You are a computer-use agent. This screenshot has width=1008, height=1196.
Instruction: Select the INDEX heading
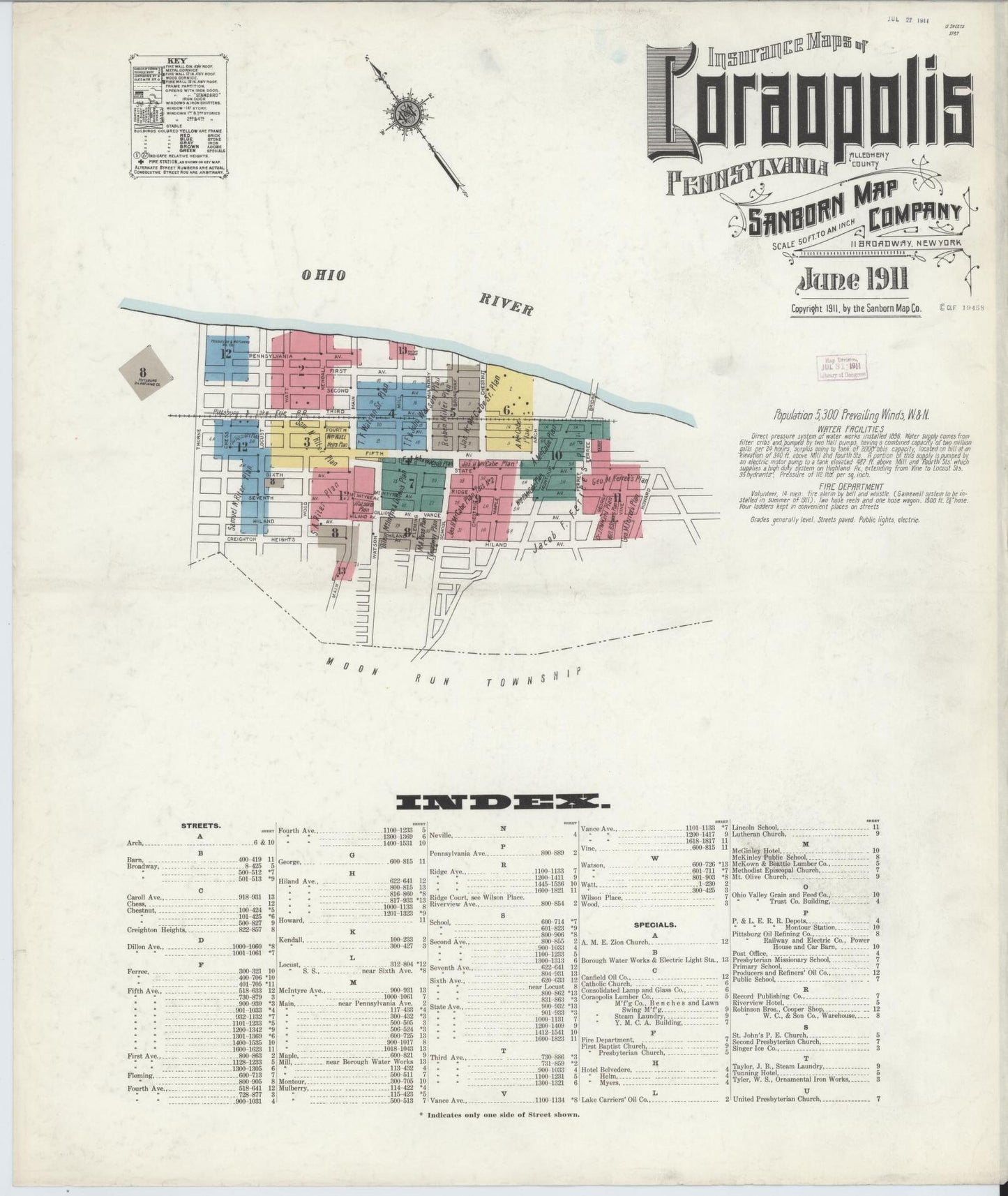coord(503,802)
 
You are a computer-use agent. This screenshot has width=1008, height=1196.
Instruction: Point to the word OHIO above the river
coord(323,276)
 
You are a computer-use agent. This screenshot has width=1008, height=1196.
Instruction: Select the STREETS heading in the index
coord(201,825)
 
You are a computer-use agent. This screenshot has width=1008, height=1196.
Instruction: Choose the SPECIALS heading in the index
coord(654,925)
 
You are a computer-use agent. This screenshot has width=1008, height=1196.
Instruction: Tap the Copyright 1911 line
coord(856,308)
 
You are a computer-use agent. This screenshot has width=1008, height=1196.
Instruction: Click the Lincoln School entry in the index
coord(757,825)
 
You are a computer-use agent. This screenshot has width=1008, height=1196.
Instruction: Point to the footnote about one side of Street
coord(499,1134)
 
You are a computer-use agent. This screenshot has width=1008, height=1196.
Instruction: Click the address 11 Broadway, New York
coord(905,242)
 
